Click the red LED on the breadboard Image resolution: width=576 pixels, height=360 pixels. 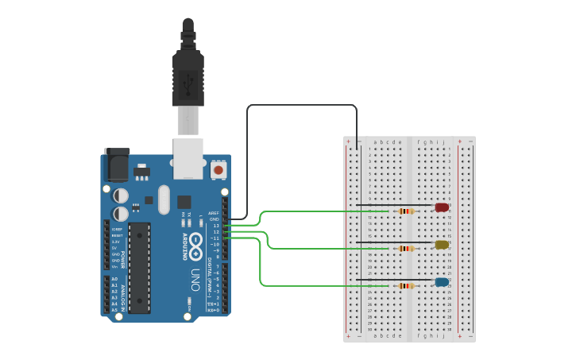click(x=442, y=207)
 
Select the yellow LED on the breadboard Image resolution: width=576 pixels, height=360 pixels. click(x=442, y=245)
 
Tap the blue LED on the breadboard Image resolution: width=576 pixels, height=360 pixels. click(x=442, y=282)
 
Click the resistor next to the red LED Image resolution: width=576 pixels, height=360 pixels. click(x=406, y=211)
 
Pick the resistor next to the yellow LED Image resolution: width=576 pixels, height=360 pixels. click(x=406, y=249)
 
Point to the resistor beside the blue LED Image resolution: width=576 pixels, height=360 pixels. click(x=406, y=286)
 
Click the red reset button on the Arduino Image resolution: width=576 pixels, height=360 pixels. click(x=218, y=169)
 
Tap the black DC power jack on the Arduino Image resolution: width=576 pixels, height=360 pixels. click(x=118, y=165)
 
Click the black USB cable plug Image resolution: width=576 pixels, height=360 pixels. click(x=188, y=79)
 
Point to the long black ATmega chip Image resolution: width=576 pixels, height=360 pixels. click(x=139, y=267)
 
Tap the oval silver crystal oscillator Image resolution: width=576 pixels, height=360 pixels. click(x=164, y=199)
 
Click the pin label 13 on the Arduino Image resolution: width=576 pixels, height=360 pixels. click(x=215, y=226)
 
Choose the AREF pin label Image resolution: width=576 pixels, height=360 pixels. click(x=213, y=213)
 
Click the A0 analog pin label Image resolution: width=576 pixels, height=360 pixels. click(x=114, y=280)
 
